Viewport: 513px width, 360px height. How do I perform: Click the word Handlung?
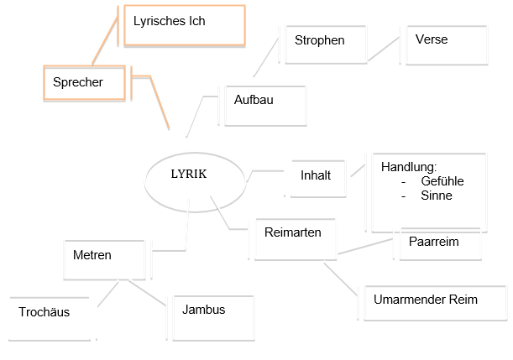click(x=409, y=167)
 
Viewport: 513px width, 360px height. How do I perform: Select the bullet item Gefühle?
click(x=442, y=181)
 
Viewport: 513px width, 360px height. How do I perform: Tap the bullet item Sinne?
click(x=437, y=196)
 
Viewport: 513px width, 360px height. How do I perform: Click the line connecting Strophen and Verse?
click(x=383, y=49)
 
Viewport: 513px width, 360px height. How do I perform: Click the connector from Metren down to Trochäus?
click(x=107, y=294)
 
